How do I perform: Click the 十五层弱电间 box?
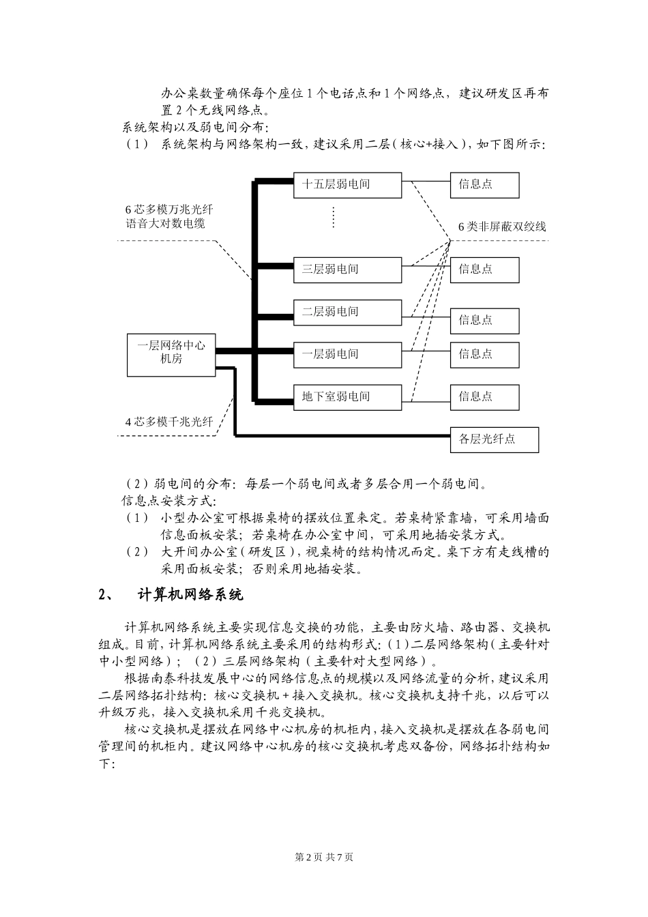[x=347, y=185]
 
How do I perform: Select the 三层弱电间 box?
[x=347, y=270]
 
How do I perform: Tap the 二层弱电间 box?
[x=347, y=312]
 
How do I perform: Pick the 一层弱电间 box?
[x=347, y=354]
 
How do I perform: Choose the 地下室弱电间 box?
[x=347, y=396]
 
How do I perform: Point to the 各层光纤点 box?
[x=494, y=439]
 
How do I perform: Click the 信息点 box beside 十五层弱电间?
[x=484, y=185]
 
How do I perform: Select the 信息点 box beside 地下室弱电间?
[x=484, y=396]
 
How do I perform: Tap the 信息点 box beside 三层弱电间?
[x=484, y=270]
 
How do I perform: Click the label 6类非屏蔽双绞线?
[x=502, y=227]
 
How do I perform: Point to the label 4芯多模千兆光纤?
[x=169, y=422]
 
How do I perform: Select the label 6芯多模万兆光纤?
[x=169, y=210]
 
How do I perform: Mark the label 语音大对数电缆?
[x=166, y=224]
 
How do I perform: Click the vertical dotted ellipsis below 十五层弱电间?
[x=334, y=217]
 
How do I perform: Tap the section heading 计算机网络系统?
[x=190, y=595]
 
